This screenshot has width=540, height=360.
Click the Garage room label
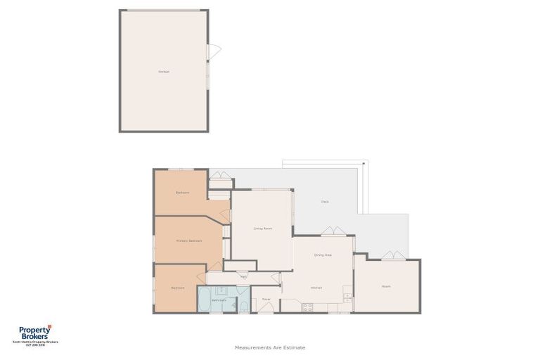click(x=163, y=71)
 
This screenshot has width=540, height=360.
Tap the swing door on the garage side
click(x=214, y=51)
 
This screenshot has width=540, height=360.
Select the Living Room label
click(x=263, y=229)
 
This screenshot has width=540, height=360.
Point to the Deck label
click(x=325, y=202)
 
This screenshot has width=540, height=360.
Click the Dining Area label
click(x=323, y=255)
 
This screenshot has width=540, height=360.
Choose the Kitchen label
click(x=316, y=288)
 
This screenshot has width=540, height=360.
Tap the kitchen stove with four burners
click(x=307, y=307)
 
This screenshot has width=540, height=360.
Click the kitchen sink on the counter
click(x=347, y=297)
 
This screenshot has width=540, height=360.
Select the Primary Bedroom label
click(x=189, y=240)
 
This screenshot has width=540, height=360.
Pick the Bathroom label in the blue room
click(x=219, y=300)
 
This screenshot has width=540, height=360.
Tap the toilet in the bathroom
click(x=244, y=306)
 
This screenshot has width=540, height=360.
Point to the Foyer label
click(x=266, y=299)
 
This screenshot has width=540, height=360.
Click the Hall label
click(x=243, y=277)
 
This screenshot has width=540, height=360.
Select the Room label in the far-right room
click(x=386, y=286)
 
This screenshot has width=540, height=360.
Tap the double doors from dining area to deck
click(x=333, y=231)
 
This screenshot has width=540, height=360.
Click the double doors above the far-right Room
click(x=393, y=255)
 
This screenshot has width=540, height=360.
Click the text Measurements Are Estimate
click(x=270, y=347)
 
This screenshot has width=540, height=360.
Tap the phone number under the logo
click(x=35, y=345)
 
